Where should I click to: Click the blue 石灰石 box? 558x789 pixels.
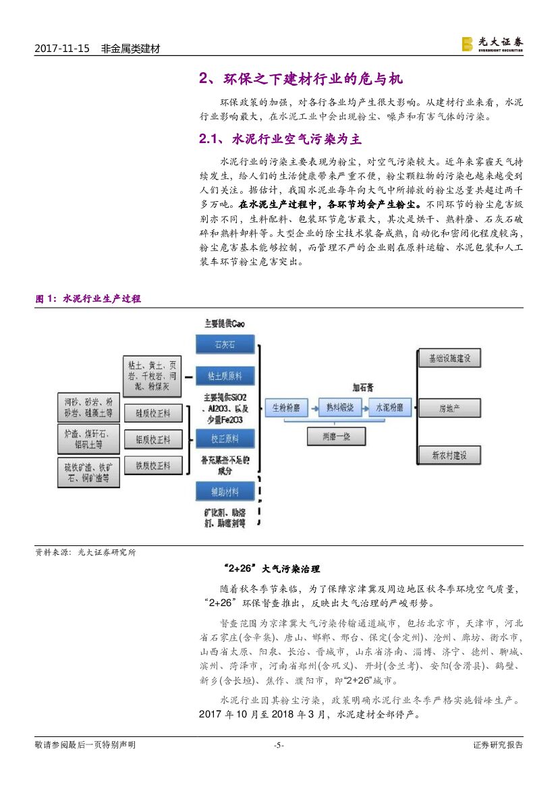click(x=225, y=344)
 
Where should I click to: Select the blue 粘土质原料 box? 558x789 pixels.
click(x=225, y=375)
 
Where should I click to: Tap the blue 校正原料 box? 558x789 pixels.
click(x=225, y=439)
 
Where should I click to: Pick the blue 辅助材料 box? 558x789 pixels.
click(x=225, y=491)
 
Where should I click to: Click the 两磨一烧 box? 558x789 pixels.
click(x=337, y=437)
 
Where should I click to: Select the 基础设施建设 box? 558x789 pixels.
click(x=449, y=358)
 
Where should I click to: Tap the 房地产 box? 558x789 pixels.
click(x=449, y=408)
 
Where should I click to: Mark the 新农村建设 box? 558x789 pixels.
click(x=449, y=456)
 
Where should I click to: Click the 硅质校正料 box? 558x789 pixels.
click(x=152, y=413)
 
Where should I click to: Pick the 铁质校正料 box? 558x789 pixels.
click(x=152, y=465)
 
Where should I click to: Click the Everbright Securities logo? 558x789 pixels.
click(x=492, y=44)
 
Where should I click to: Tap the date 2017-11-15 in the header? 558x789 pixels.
click(x=61, y=49)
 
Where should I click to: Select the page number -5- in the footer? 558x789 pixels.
click(x=279, y=745)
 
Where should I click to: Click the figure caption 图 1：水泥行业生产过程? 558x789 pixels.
click(x=88, y=298)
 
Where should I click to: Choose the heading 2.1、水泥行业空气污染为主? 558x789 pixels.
click(x=280, y=140)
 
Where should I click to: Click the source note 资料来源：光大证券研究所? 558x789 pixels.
click(x=85, y=552)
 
